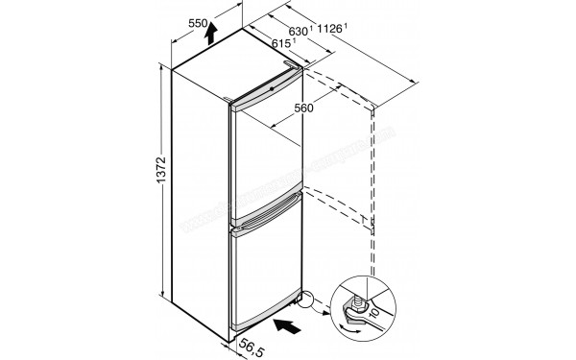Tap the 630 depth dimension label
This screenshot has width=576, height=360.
click(299, 32)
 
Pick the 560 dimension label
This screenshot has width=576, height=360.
click(278, 108)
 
